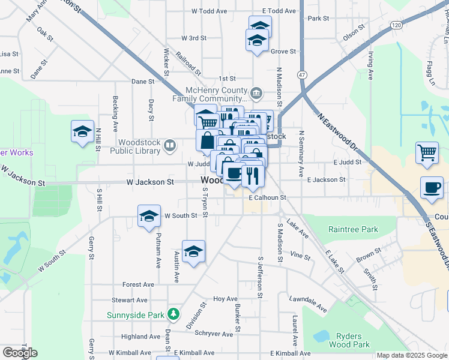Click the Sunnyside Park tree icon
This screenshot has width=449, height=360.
pos(173,313)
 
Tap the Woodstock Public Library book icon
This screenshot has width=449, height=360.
pos(170,145)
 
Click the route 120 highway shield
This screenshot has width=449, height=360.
pos(395,25)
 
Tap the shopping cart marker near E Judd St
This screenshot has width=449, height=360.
pos(427,152)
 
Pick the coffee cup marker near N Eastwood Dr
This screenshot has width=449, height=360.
pos(432,187)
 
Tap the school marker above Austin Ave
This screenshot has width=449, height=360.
pos(193,251)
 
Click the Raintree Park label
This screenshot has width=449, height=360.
pos(353,229)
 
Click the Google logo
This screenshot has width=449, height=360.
pos(20,353)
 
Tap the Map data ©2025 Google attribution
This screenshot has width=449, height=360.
pos(411,355)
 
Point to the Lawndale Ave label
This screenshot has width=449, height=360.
pos(307,303)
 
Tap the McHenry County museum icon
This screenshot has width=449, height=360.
pos(256,92)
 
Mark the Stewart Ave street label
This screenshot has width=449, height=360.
pos(129,300)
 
